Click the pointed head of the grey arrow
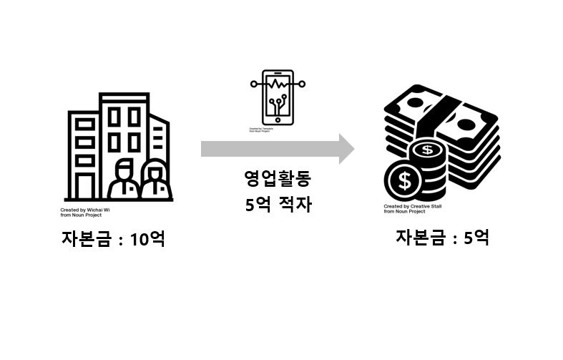[x=346, y=149]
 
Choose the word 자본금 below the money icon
[x=421, y=238]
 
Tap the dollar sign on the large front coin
[x=405, y=182]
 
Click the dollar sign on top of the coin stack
[x=428, y=150]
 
